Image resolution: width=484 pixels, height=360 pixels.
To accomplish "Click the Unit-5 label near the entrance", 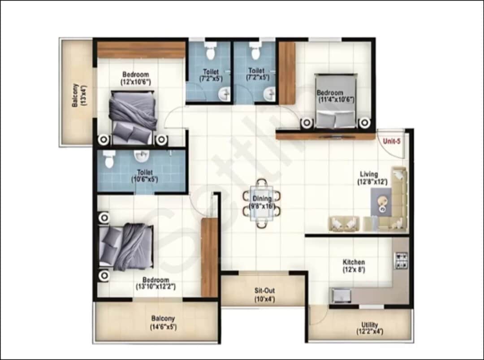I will pos(391,141).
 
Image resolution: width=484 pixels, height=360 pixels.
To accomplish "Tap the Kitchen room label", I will pos(354,262).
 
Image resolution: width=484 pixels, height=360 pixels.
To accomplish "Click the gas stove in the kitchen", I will pos(401,260).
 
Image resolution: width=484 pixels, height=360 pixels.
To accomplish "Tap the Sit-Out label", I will pos(264,291).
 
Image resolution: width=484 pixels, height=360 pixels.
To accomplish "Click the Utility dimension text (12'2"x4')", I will pos(370,332).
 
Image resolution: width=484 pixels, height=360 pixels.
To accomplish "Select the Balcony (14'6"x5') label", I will pos(163,319).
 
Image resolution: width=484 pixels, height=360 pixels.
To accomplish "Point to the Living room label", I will pos(368,174).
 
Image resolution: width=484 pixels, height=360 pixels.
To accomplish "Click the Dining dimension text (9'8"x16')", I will pos(261,207).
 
